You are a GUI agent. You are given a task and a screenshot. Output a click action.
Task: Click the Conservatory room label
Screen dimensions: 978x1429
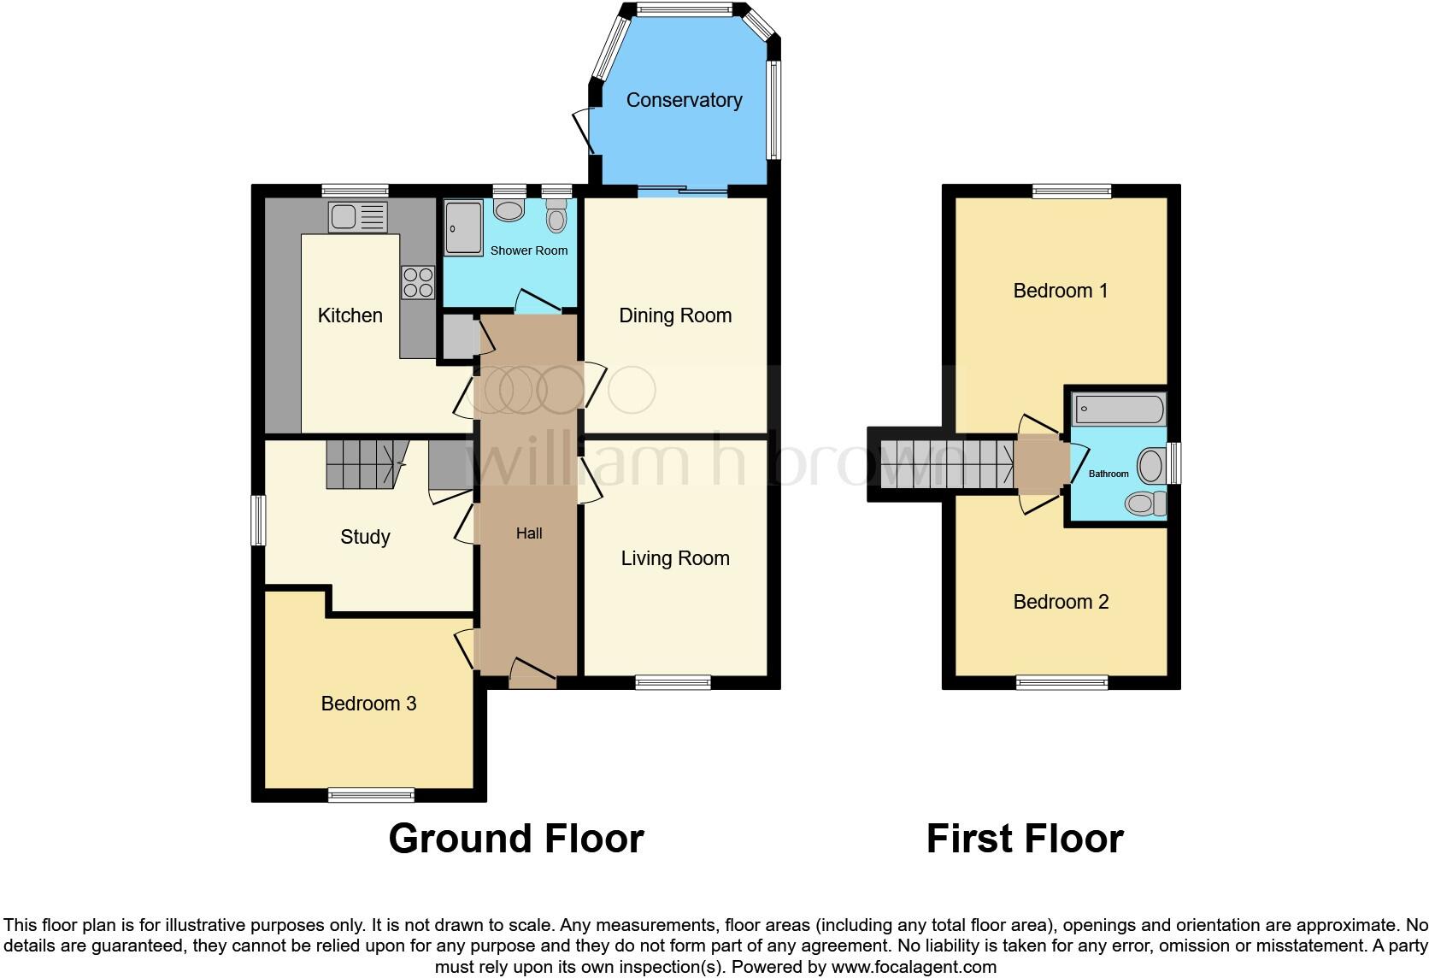point(684,100)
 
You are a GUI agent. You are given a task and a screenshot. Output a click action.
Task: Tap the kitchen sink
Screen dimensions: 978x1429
point(357,217)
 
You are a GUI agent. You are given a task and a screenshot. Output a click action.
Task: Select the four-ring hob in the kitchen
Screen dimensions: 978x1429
point(418,283)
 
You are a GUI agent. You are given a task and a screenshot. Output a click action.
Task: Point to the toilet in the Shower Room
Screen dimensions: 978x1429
point(556,217)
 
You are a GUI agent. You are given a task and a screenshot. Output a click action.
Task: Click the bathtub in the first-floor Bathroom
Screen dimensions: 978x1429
point(1118,409)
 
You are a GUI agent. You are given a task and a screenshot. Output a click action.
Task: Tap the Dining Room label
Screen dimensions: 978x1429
point(675,315)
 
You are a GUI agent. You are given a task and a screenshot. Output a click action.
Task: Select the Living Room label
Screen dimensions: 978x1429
point(675,558)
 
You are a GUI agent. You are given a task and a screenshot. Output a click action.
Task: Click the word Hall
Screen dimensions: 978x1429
point(529,533)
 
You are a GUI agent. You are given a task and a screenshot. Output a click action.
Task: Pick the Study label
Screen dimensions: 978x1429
point(365,537)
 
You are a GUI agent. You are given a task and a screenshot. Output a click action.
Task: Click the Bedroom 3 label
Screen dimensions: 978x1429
point(368,704)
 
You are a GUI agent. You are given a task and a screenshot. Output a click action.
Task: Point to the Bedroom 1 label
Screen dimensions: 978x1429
point(1061,291)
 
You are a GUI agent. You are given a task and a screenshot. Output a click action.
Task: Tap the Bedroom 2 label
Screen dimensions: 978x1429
point(1061,602)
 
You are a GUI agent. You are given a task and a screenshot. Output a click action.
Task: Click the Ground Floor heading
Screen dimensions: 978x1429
point(515,839)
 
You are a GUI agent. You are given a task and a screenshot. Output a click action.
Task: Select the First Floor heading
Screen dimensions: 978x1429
point(1025,839)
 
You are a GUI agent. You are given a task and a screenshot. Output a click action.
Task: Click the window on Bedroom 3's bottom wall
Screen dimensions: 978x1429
point(371,796)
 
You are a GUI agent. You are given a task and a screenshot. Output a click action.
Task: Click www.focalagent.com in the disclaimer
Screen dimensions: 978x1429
point(914,968)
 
